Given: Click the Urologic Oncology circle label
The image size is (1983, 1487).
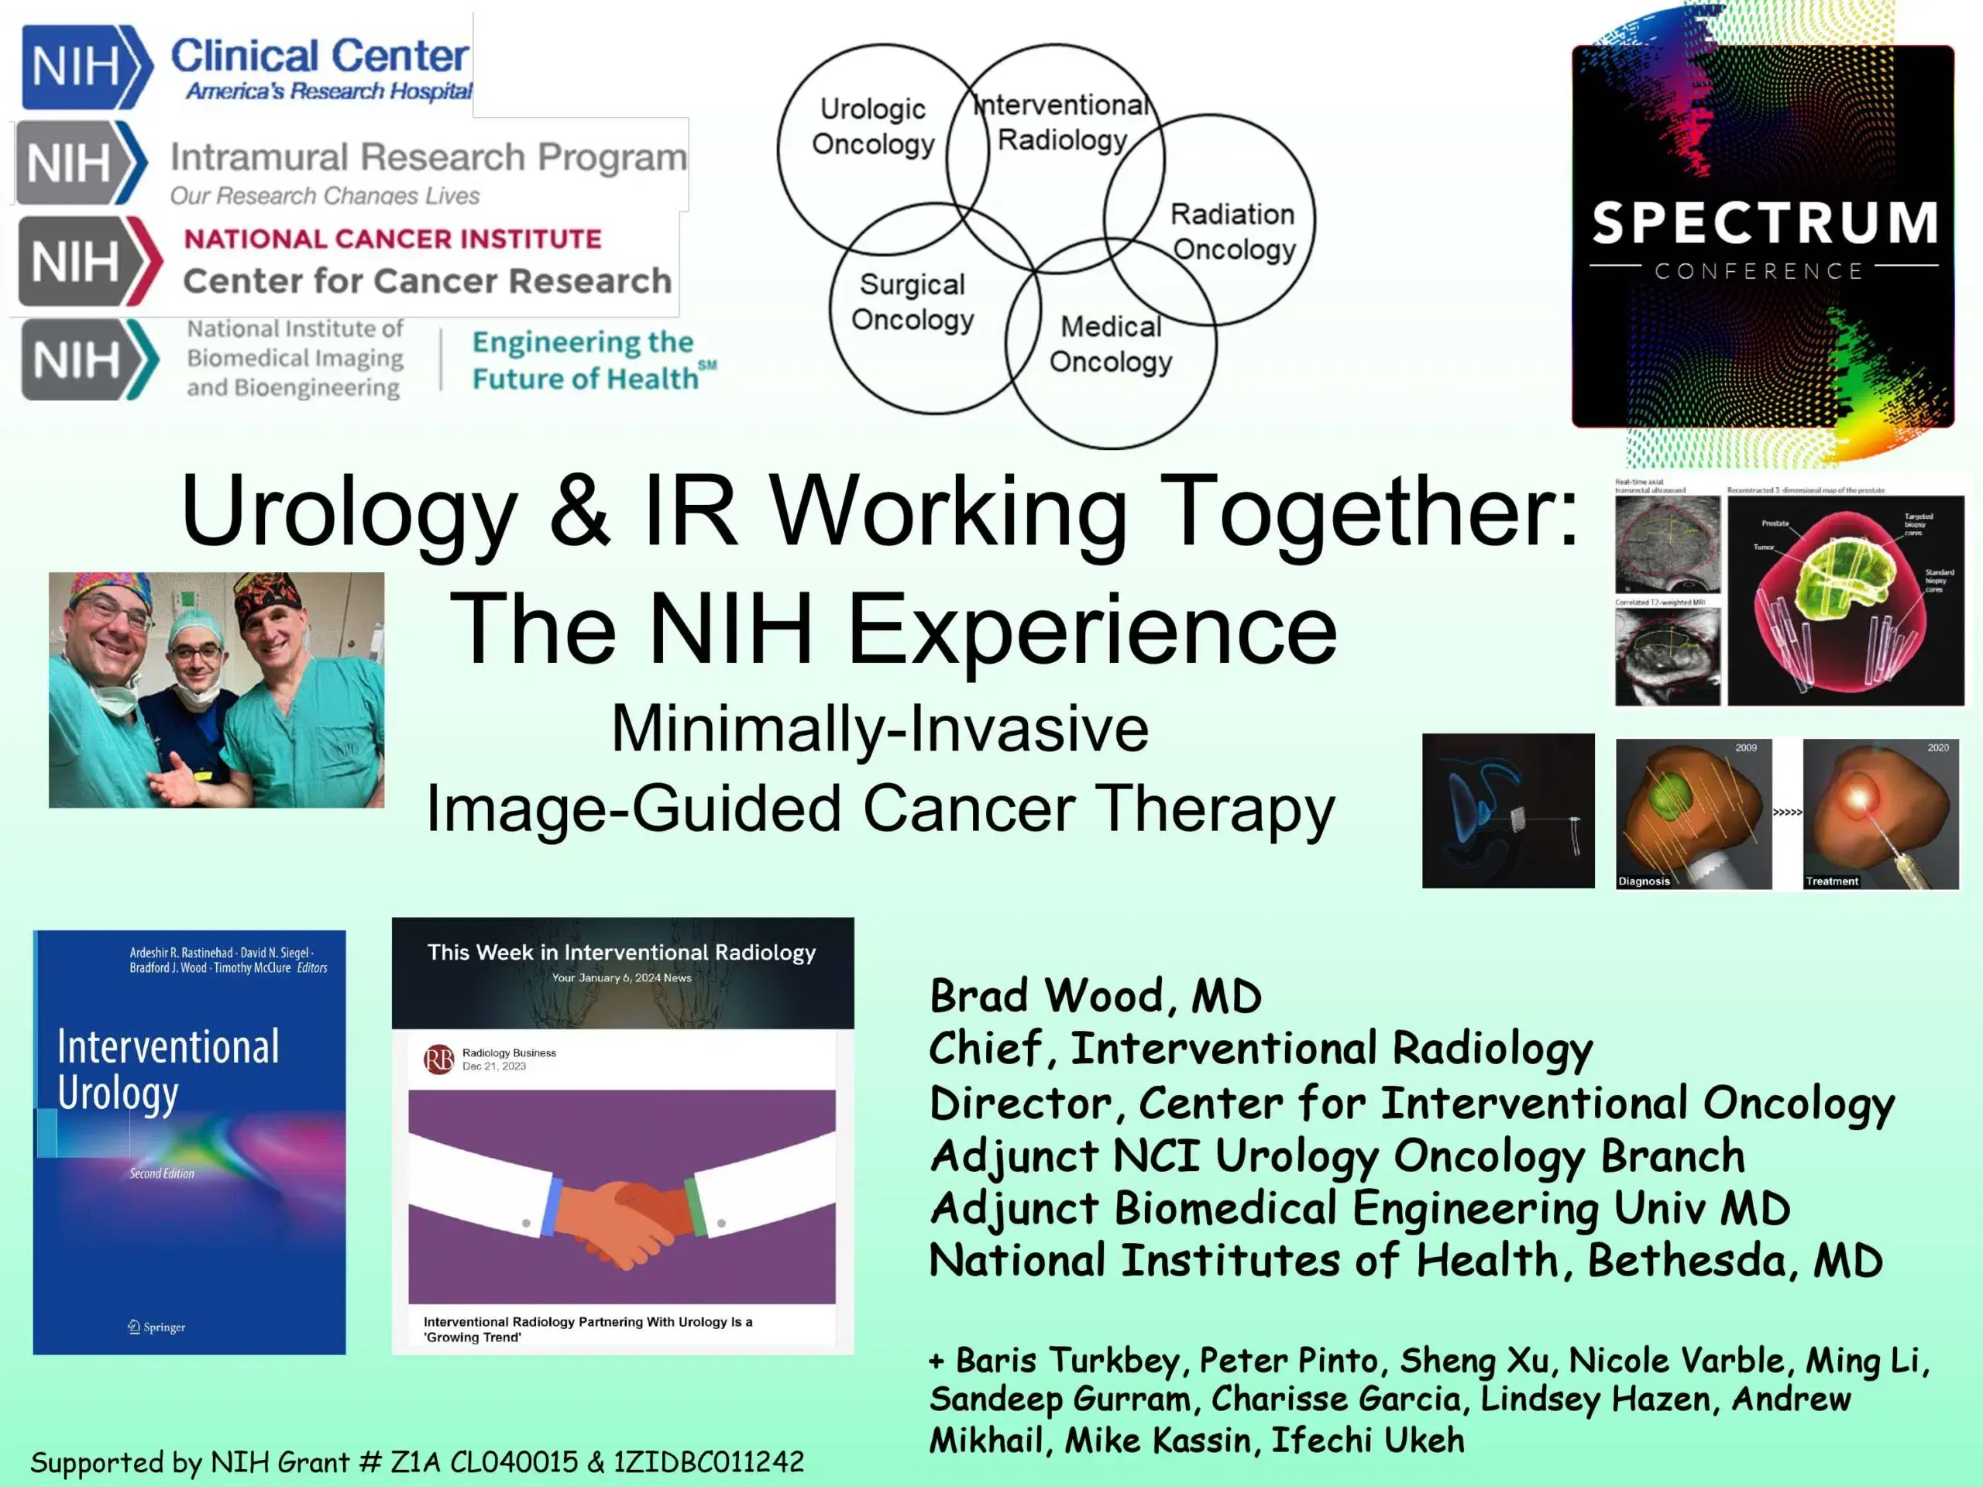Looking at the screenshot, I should point(872,126).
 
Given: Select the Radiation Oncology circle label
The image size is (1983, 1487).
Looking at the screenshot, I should point(1232,232).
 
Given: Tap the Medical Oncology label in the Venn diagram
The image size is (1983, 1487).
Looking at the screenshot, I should point(1110,344).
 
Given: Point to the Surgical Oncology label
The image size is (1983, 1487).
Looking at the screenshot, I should point(912,302).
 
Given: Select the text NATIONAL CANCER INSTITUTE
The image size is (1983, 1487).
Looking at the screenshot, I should point(393,239).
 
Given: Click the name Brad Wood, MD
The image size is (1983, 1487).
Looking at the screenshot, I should point(1095,997).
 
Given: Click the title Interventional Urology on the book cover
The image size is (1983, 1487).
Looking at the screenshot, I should point(167,1070).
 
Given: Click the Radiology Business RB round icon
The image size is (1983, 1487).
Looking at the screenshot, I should point(438,1059).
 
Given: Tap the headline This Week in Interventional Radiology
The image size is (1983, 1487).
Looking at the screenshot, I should point(621,953).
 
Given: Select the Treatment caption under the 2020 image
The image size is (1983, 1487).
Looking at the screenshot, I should point(1831,881).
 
